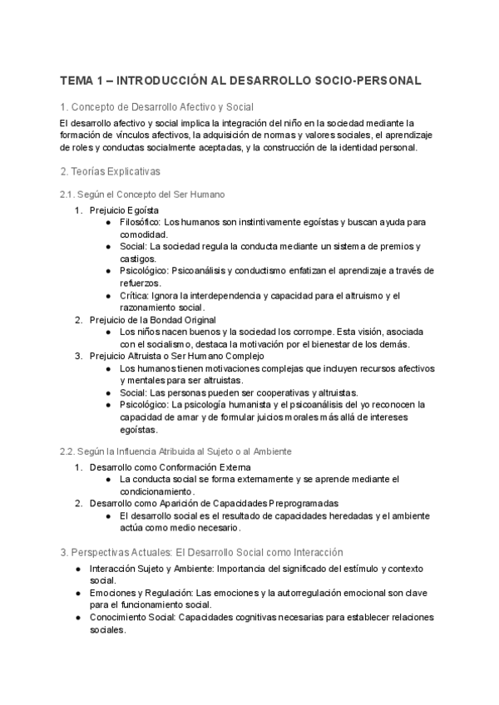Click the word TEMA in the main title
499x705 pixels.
(77, 81)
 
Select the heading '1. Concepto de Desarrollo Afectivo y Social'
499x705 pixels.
(156, 107)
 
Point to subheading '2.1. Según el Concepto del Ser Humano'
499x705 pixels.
(142, 194)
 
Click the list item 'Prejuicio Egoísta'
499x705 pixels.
(125, 210)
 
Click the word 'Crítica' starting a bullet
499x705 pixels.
(133, 295)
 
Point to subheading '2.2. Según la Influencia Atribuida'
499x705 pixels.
(175, 451)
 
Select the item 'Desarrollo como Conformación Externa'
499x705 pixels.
(165, 466)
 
